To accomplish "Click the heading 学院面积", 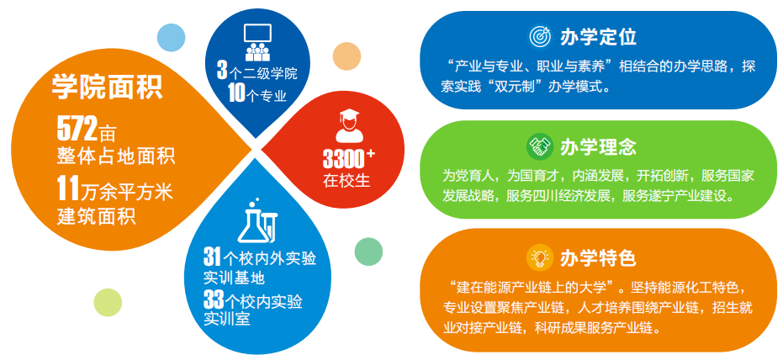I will pyautogui.click(x=107, y=86).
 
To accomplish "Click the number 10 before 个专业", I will pyautogui.click(x=236, y=94).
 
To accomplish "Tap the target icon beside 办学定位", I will pyautogui.click(x=539, y=36).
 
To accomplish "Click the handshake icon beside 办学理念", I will pyautogui.click(x=539, y=146).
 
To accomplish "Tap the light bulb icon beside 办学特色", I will pyautogui.click(x=539, y=257).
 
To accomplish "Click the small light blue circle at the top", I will pyautogui.click(x=171, y=37).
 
